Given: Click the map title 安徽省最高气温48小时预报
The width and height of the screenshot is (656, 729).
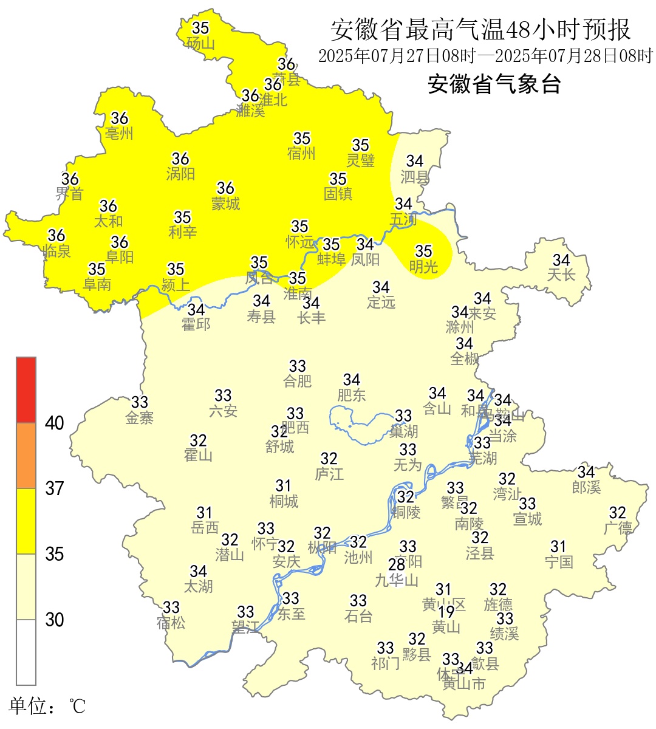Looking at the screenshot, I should click(x=480, y=29).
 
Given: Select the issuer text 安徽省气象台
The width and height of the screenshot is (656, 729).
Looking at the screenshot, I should click(x=494, y=84).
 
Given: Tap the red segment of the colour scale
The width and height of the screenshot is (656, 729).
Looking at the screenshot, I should click(x=26, y=389).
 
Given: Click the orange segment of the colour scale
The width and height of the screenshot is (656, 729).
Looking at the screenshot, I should click(x=26, y=456).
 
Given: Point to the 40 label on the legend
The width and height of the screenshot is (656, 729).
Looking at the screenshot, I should click(x=55, y=423).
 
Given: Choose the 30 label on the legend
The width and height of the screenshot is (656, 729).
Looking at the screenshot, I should click(x=55, y=620).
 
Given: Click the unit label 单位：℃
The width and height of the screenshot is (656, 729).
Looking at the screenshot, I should click(x=47, y=707).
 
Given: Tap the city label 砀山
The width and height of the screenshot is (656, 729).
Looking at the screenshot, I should click(x=200, y=43).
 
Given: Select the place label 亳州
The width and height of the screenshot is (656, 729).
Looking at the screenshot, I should click(x=119, y=133).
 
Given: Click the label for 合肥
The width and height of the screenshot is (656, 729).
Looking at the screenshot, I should click(x=298, y=381).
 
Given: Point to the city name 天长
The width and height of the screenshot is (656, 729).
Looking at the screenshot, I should click(x=561, y=275).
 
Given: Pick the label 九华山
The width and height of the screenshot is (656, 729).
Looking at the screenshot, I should click(x=397, y=580).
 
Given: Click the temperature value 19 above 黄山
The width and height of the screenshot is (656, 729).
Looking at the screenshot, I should click(x=446, y=612).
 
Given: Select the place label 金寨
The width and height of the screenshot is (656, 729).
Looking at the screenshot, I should click(x=140, y=417).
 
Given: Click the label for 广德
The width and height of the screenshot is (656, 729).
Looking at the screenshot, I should click(x=618, y=528).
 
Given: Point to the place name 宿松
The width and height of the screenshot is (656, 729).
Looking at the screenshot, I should click(x=171, y=623).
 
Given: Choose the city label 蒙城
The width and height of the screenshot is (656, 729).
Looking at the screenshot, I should click(x=225, y=204).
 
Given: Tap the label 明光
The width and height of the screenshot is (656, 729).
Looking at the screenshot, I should click(x=423, y=266).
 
